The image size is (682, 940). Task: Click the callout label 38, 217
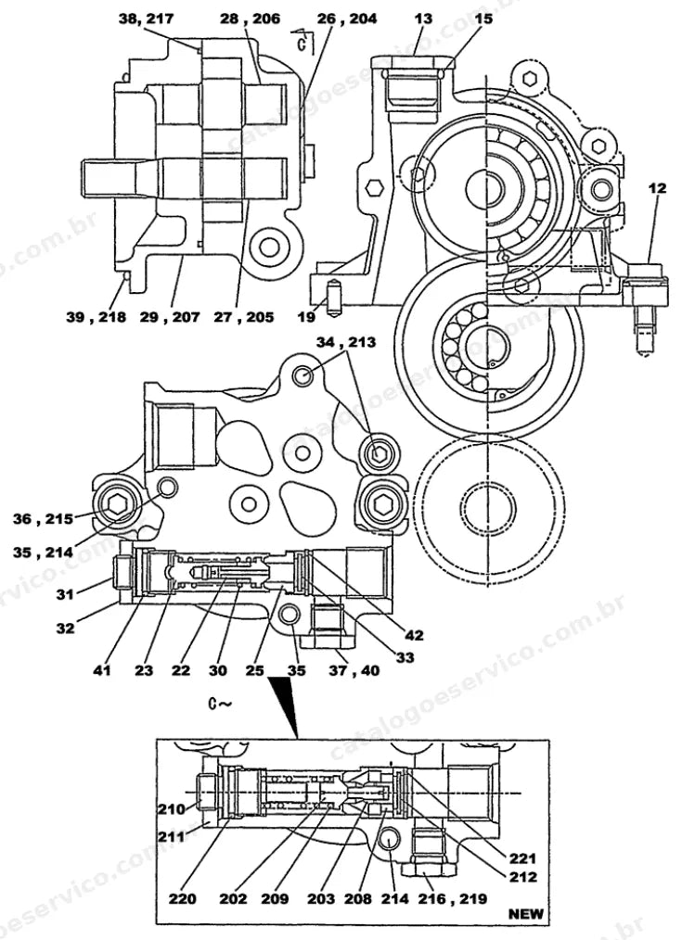tap(147, 19)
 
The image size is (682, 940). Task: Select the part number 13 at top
tap(423, 19)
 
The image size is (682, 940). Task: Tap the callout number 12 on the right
tap(657, 188)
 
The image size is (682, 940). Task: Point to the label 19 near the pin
tap(306, 316)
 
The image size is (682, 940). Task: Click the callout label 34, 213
tap(346, 342)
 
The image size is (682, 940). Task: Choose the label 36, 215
tap(44, 518)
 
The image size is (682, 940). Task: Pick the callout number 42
tap(414, 635)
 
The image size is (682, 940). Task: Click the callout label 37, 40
tap(354, 670)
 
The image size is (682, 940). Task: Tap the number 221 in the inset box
tap(523, 858)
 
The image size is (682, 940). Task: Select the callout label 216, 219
tap(453, 898)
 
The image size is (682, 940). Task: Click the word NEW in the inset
tap(525, 914)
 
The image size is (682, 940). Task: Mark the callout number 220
tap(182, 898)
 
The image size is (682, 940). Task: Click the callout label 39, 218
tap(96, 317)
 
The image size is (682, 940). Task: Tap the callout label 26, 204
tap(347, 19)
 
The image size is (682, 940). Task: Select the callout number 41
tap(102, 670)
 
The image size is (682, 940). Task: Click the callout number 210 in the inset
tap(172, 809)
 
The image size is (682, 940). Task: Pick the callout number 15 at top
tap(483, 19)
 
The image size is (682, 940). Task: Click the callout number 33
tap(405, 657)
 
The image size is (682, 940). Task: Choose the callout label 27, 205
tap(243, 317)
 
